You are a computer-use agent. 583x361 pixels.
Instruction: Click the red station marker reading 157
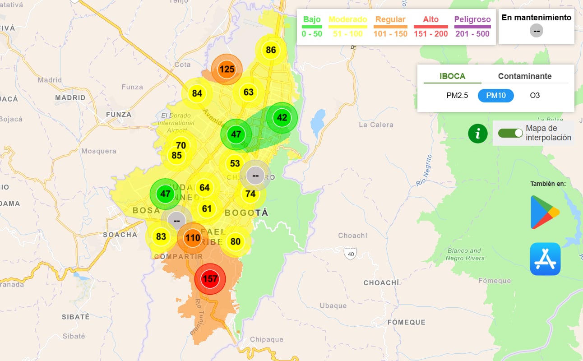[x=210, y=279]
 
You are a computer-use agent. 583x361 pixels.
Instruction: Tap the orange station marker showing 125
[x=227, y=69]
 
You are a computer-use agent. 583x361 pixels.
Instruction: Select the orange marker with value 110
[x=193, y=238]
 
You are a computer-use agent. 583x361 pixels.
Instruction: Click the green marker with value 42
[x=282, y=118]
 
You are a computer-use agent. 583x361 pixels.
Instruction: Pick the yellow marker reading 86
[x=271, y=50]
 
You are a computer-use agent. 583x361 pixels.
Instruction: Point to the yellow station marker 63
[x=249, y=93]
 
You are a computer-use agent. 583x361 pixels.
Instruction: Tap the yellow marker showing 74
[x=250, y=194]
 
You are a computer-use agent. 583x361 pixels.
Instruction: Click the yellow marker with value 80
[x=236, y=241]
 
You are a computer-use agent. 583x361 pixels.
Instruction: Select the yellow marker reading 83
[x=161, y=236]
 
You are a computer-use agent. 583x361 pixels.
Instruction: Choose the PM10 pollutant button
[x=495, y=96]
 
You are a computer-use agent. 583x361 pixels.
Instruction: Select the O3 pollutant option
[x=535, y=96]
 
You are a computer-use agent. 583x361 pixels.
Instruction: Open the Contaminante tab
[x=524, y=76]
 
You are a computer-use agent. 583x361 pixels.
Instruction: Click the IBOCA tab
[x=452, y=76]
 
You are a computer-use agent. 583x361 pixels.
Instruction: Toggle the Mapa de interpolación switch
[x=510, y=133]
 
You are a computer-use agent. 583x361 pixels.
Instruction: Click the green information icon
[x=478, y=134]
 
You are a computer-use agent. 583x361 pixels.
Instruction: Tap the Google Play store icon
[x=545, y=213]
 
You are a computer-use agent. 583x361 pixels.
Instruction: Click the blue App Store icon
[x=545, y=259]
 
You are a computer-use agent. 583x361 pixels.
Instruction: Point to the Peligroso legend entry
[x=472, y=26]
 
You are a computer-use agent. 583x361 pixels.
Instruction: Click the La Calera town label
[x=376, y=125]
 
